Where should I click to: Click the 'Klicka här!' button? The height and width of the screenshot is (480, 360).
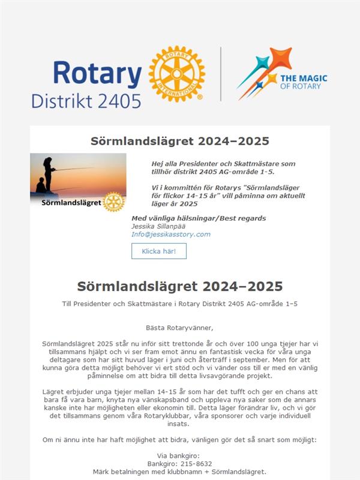click(x=159, y=251)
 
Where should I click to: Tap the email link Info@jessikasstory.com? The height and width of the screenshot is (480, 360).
click(x=171, y=234)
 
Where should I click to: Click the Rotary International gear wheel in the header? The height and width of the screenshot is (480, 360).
click(x=176, y=74)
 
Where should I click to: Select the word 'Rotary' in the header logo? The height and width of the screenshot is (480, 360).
click(x=97, y=73)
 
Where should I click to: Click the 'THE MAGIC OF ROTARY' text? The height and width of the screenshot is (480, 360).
click(x=304, y=82)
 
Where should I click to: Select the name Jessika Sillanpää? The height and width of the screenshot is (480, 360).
click(x=159, y=226)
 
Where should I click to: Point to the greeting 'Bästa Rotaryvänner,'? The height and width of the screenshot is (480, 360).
click(x=179, y=328)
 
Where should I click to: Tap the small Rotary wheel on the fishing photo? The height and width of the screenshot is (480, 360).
click(x=113, y=202)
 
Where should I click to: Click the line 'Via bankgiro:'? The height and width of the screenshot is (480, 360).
click(x=179, y=455)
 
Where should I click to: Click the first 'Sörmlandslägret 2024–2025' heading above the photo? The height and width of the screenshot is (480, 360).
click(x=179, y=142)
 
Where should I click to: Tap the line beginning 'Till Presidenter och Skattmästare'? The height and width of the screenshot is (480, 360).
click(x=179, y=304)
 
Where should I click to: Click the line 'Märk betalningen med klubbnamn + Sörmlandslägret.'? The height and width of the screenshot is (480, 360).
click(x=179, y=472)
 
